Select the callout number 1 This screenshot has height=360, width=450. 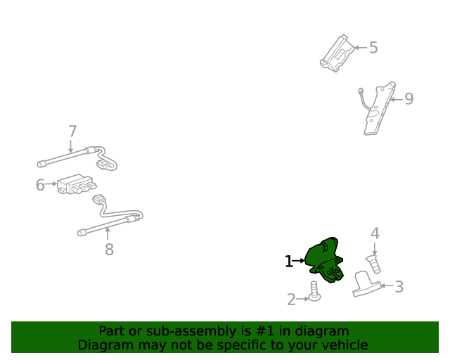click(289, 262)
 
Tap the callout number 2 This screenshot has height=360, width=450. click(291, 300)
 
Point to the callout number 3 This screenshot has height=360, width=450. click(399, 286)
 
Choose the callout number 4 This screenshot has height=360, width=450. click(375, 233)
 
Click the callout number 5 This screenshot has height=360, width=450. click(373, 47)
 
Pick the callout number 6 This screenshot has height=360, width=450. click(40, 185)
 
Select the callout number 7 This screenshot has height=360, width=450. click(72, 131)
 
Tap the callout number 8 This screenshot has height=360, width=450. click(109, 249)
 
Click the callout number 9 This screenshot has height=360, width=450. click(409, 98)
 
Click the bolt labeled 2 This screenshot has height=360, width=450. click(314, 291)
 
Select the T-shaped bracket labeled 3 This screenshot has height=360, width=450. click(366, 284)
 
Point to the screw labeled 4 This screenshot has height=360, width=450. click(373, 264)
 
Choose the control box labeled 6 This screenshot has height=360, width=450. click(76, 184)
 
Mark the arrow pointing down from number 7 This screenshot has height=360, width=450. click(70, 146)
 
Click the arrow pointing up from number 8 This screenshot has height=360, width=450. click(108, 233)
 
